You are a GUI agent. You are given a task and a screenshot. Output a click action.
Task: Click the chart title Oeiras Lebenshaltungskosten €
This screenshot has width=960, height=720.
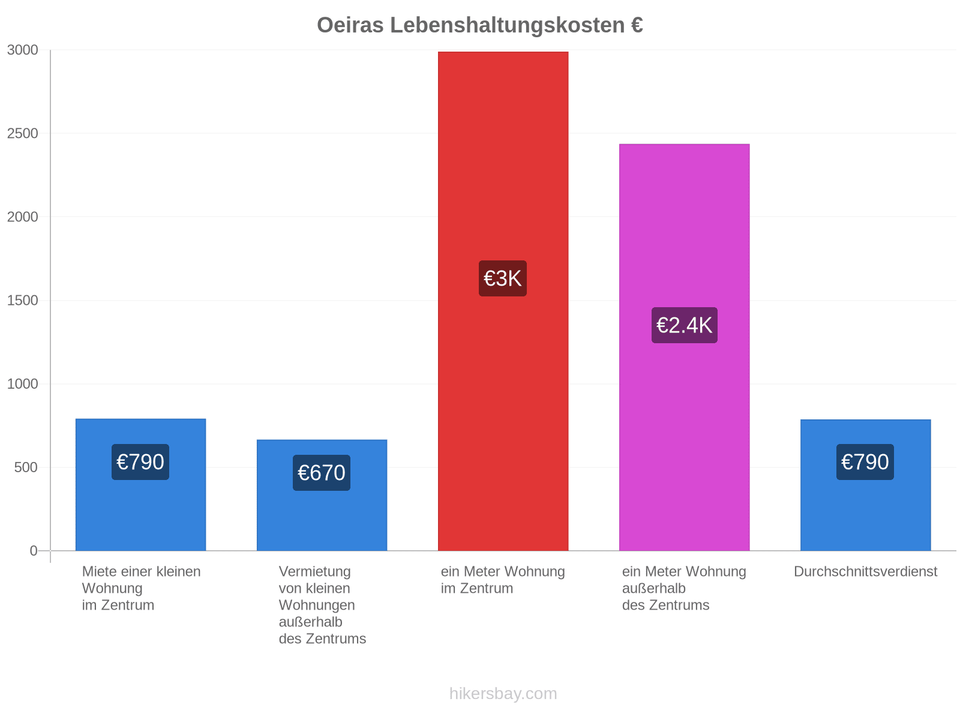point(480,25)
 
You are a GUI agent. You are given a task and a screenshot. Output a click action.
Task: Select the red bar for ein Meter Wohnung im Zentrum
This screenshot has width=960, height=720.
point(503,301)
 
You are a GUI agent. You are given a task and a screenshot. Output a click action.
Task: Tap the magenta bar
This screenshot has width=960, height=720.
point(684,347)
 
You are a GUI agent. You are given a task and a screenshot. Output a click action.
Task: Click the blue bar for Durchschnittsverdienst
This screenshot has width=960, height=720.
point(866,485)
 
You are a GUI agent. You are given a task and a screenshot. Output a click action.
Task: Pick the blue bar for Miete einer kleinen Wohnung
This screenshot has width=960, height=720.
point(140,485)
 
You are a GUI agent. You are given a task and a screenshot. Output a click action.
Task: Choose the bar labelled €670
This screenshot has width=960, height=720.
point(322,496)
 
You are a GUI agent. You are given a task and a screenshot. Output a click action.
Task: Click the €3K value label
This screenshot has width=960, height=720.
point(503,278)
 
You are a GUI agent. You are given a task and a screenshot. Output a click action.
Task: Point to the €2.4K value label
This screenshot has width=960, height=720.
point(685,325)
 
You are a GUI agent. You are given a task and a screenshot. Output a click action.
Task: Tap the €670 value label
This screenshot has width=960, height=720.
point(322,473)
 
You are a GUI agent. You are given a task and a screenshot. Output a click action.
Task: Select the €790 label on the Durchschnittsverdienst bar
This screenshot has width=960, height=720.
point(865,462)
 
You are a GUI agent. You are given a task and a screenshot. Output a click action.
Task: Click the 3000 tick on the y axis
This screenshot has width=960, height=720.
point(22,50)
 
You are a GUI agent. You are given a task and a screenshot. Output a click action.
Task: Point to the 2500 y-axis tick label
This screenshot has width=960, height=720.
point(22,133)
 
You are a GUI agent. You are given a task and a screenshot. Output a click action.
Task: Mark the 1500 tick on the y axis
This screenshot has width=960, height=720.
point(22,301)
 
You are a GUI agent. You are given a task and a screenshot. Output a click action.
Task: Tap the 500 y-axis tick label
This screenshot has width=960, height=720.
point(26,467)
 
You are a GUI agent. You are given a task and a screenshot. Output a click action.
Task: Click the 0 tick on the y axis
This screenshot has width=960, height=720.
point(34,551)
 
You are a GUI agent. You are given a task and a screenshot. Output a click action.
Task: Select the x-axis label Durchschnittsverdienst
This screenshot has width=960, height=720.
point(866,571)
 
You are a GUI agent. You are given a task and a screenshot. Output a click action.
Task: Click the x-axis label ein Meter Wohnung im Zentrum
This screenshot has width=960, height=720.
point(503,580)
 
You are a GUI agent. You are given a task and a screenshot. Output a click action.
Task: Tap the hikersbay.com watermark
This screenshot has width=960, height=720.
point(503,694)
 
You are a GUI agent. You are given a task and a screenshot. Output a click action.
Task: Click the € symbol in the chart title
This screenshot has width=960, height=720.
point(637,25)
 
